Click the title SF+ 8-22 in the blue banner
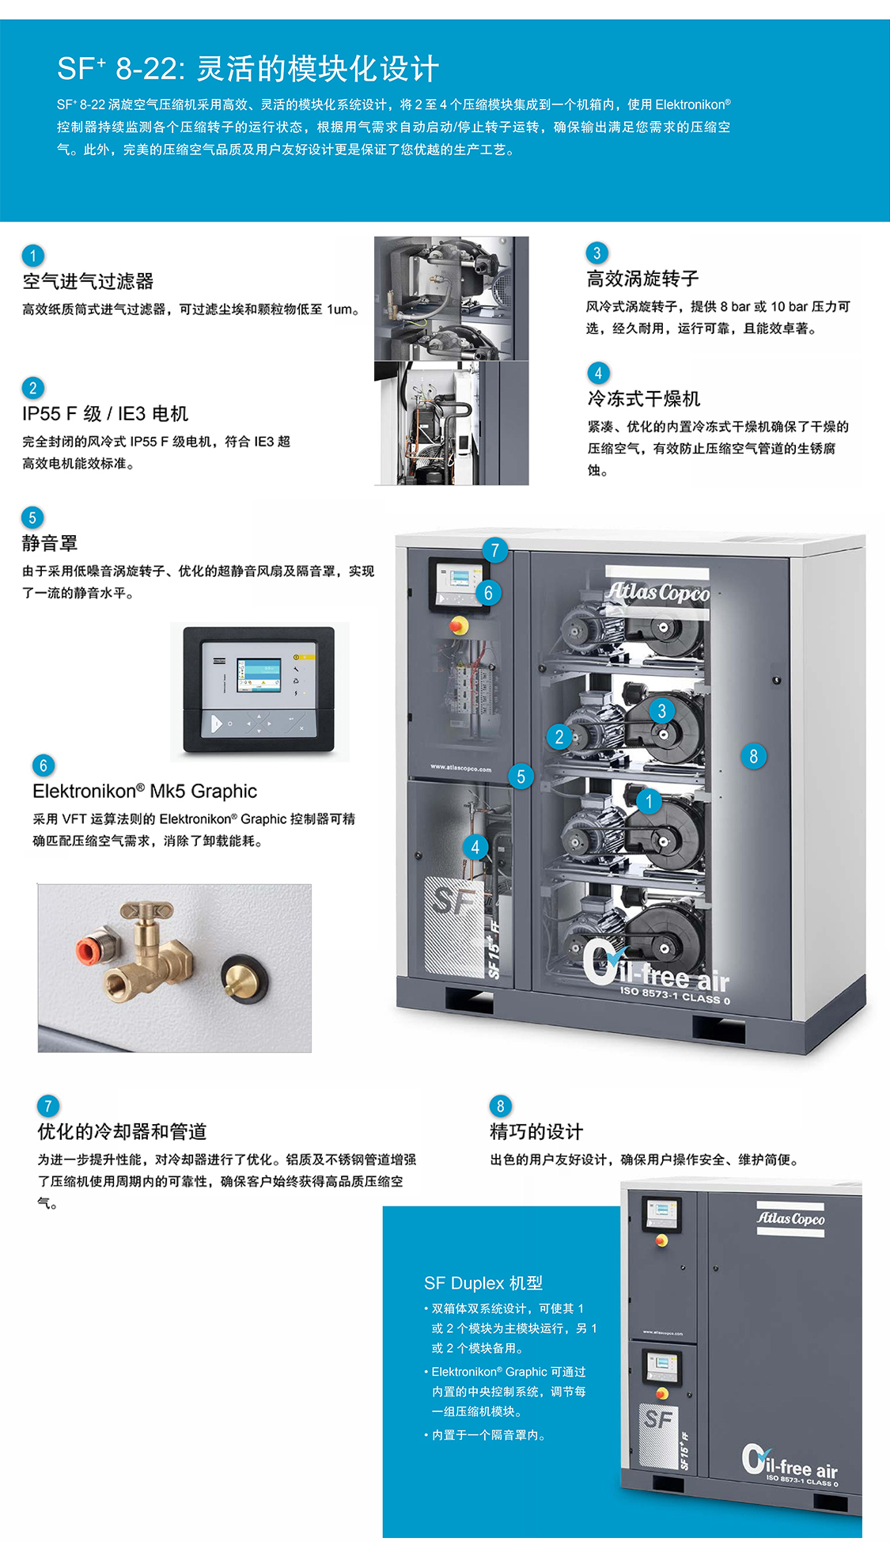117,68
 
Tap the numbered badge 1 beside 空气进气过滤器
32,256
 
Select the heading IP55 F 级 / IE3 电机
105,414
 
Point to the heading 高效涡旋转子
642,279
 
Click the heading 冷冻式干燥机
643,399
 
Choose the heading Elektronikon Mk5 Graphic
145,792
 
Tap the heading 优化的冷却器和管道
122,1132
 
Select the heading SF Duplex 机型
483,1283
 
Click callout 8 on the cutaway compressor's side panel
753,757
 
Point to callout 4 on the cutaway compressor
475,848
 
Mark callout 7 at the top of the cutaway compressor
494,550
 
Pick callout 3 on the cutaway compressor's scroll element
662,711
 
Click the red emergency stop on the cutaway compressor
458,625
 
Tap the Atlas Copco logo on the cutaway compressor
658,591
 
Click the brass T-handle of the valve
146,911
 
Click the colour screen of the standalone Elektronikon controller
259,674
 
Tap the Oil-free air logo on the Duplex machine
790,1464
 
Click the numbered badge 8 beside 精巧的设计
500,1106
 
